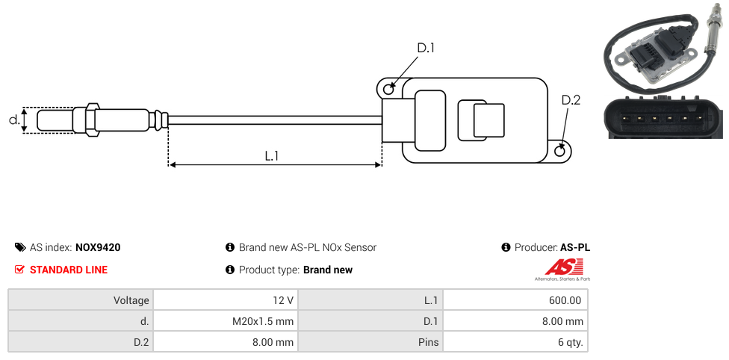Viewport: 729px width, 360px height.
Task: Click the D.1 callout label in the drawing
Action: [x=426, y=48]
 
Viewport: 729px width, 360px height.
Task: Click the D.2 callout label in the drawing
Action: [x=571, y=100]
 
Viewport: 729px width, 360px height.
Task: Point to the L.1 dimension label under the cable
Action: [x=272, y=155]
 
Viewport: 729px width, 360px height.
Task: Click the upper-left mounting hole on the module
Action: [x=388, y=90]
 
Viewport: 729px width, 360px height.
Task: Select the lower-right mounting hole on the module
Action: [x=561, y=151]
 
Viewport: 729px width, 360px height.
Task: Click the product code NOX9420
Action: [x=98, y=247]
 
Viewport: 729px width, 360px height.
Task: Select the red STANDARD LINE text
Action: [x=69, y=270]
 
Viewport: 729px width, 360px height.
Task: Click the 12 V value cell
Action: [x=283, y=300]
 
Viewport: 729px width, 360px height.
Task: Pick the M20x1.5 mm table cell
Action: [x=263, y=321]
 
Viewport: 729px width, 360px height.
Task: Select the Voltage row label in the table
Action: [x=131, y=300]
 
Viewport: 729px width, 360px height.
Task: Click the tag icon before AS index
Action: [x=20, y=247]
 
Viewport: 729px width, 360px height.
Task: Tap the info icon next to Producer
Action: [x=506, y=247]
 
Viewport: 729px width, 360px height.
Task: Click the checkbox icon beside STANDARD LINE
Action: [x=20, y=270]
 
